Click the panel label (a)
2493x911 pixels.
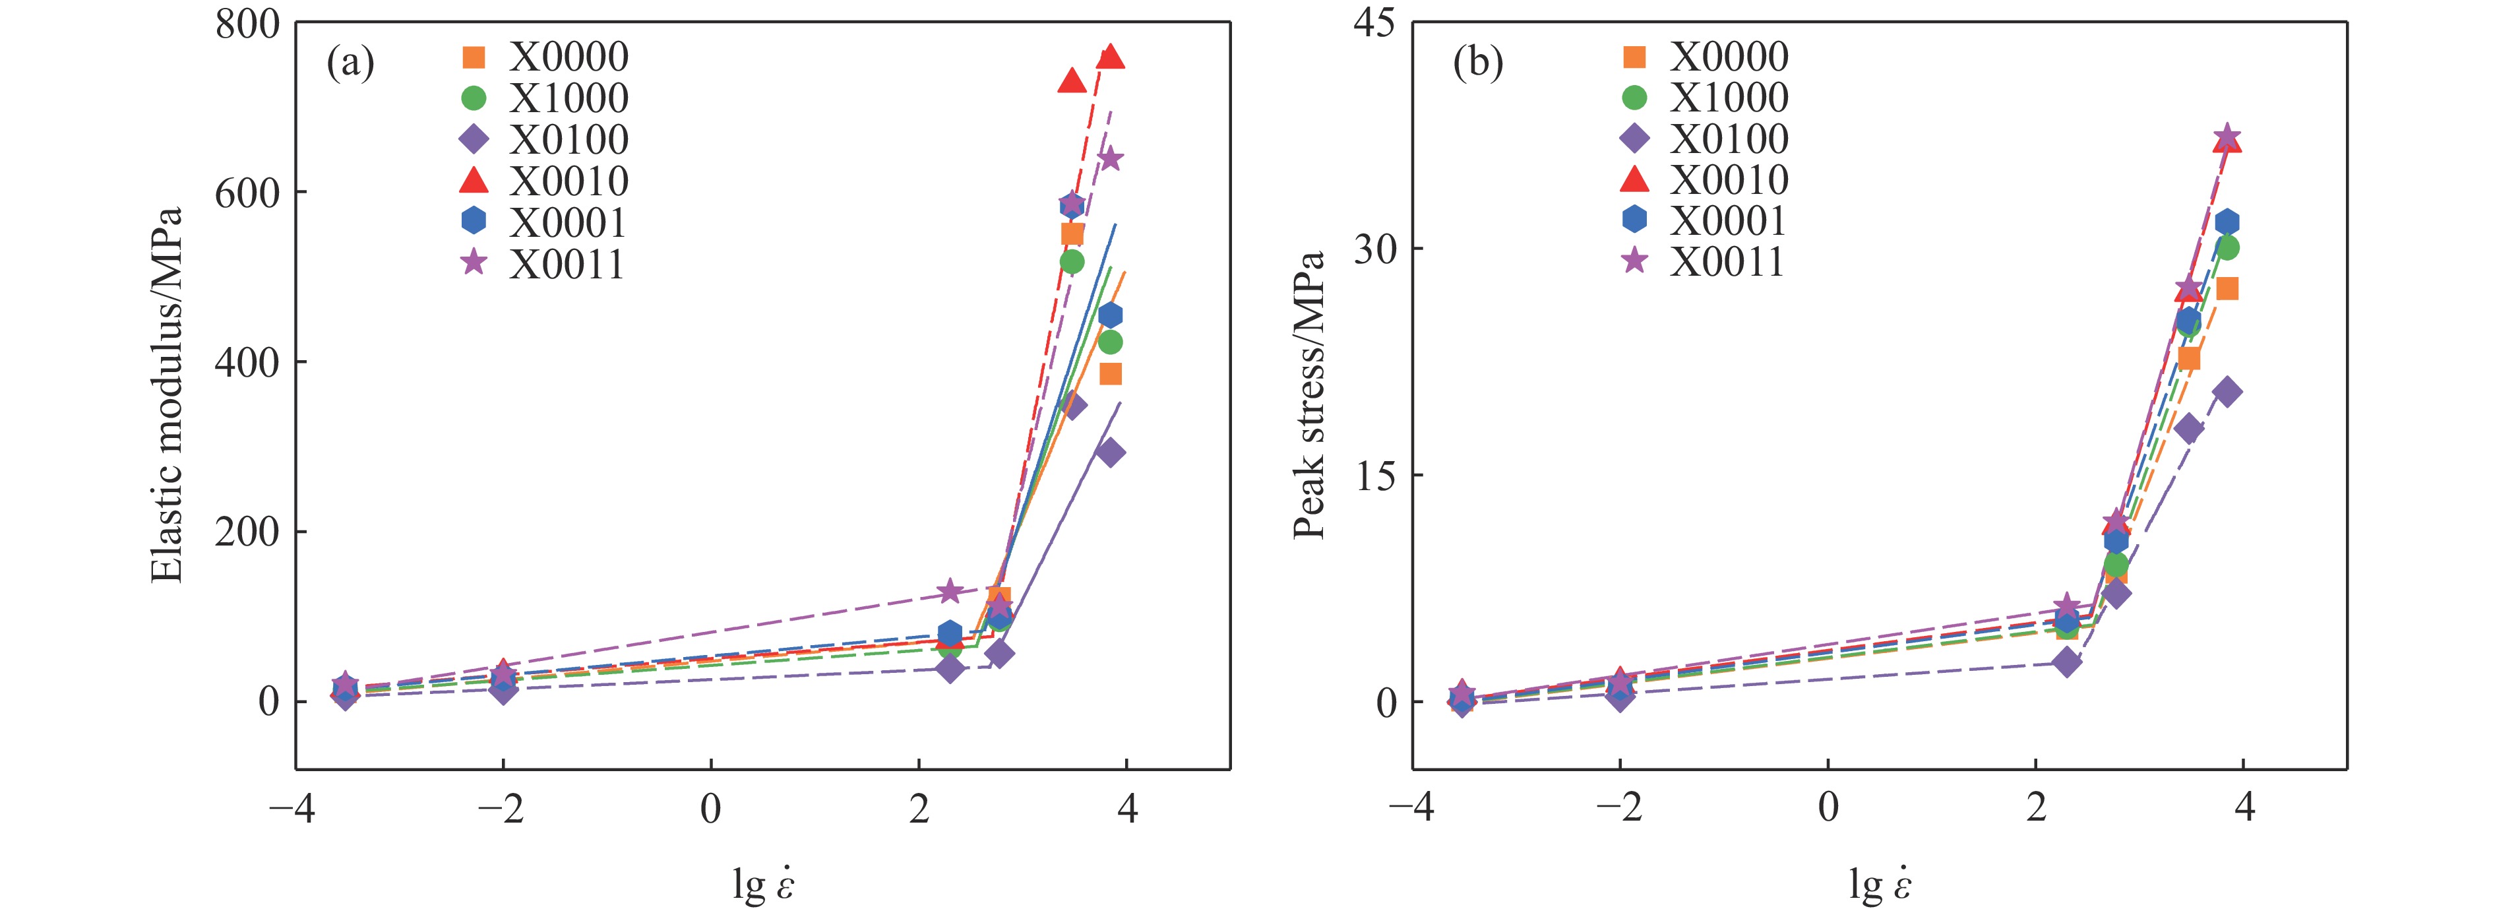350,64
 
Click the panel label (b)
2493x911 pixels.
1478,64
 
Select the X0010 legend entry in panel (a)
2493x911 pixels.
569,181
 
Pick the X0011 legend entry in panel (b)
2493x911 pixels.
1727,261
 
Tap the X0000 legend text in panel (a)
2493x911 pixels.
569,57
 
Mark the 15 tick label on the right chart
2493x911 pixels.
1374,476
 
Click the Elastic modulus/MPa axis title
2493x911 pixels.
168,395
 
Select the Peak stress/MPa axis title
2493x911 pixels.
1308,395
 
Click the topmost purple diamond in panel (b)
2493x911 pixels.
2227,392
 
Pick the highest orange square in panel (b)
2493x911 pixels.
2227,288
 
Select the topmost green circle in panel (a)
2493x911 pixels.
1071,261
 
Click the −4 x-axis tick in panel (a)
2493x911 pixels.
292,808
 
